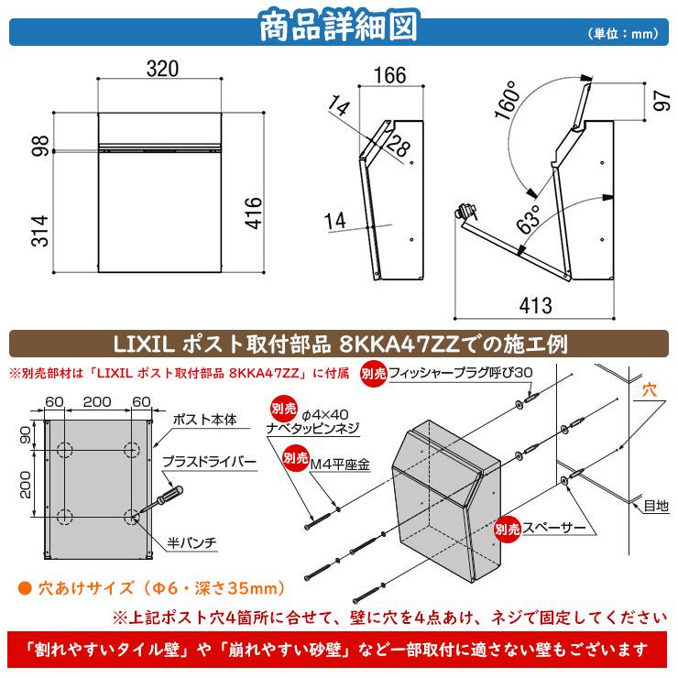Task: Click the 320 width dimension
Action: coord(162,69)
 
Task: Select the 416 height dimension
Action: coord(254,213)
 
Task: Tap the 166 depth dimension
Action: coord(390,75)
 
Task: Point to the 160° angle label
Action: coord(508,100)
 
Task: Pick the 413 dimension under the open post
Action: coord(536,305)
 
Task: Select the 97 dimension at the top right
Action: coord(662,100)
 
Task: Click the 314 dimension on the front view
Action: coord(39,231)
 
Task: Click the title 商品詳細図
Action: coord(339,27)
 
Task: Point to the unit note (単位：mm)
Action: coord(624,33)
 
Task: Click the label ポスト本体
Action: coord(205,419)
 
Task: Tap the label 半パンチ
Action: coord(192,542)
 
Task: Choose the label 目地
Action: coord(656,505)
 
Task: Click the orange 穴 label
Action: coord(650,390)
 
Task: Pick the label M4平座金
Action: coord(340,465)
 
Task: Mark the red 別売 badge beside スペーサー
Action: coord(508,529)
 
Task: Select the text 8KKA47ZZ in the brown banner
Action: coord(399,344)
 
